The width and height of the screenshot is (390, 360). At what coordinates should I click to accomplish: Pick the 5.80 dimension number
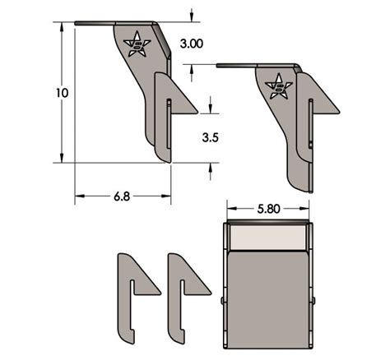(x=269, y=209)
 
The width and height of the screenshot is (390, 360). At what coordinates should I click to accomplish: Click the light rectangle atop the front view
(x=269, y=238)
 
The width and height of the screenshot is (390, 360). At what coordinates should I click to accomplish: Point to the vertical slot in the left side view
(x=168, y=123)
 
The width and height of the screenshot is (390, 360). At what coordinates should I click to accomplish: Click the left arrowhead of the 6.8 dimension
(x=78, y=196)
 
